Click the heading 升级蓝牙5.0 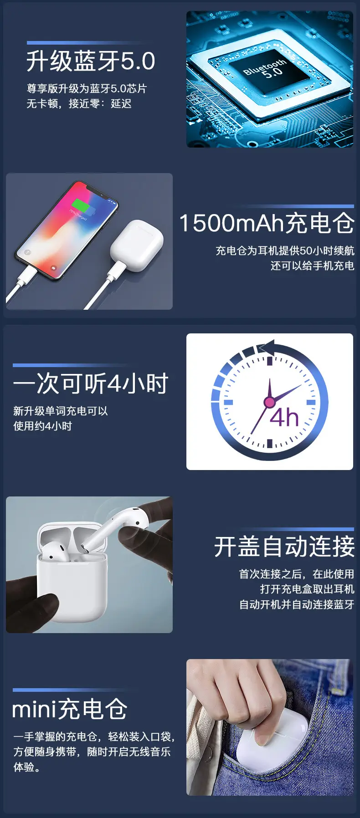pos(91,61)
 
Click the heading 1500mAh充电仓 pos(267,223)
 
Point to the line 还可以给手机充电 pos(312,266)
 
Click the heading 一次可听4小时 pos(91,383)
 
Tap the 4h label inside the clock pos(284,417)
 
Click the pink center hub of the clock pos(269,402)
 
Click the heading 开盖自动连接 pos(284,547)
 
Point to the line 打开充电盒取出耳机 pos(307,589)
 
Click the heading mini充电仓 pos(70,710)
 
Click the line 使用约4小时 pos(42,426)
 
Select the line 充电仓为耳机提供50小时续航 pos(285,251)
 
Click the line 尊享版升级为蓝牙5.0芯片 pos(87,88)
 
